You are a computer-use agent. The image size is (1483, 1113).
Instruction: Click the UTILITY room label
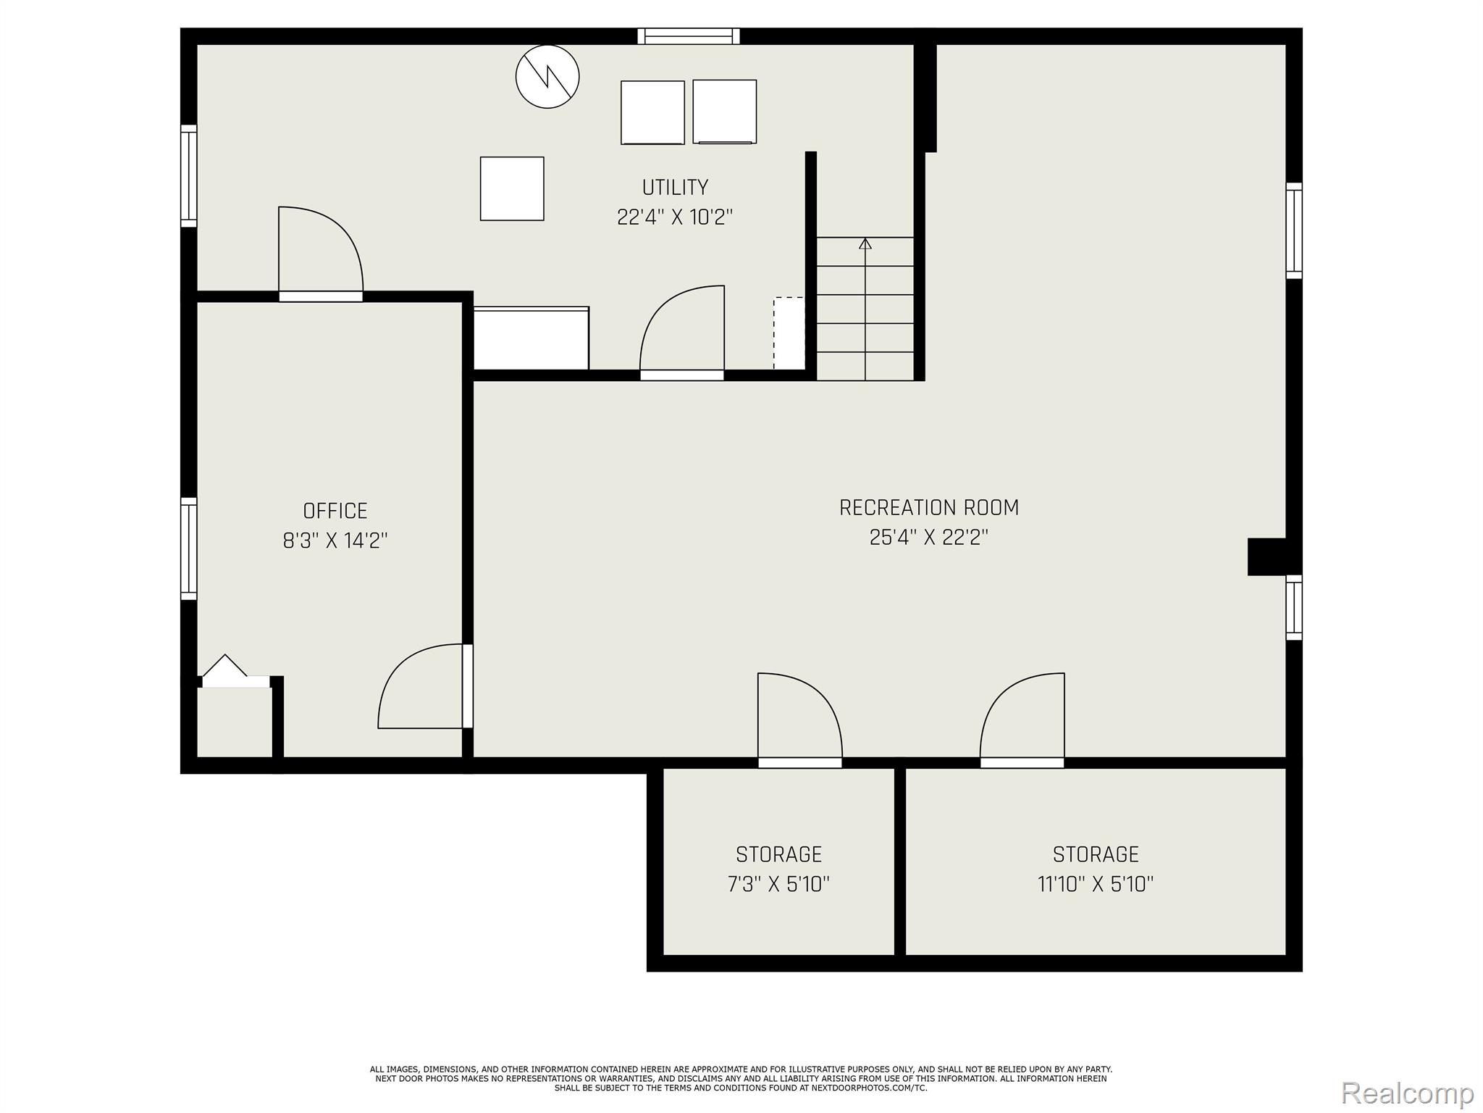pyautogui.click(x=675, y=188)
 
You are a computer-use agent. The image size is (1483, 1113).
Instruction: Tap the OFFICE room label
pyautogui.click(x=335, y=511)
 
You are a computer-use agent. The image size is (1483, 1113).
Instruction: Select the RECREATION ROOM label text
pyautogui.click(x=929, y=507)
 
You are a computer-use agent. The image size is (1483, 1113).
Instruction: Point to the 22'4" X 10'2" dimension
pyautogui.click(x=675, y=217)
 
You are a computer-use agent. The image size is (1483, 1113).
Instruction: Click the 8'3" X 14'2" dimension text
pyautogui.click(x=335, y=541)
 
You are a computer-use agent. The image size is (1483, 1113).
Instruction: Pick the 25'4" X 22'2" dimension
pyautogui.click(x=929, y=537)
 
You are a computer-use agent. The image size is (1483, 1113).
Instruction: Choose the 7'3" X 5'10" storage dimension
pyautogui.click(x=778, y=884)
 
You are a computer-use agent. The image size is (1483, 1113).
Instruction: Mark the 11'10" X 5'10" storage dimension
pyautogui.click(x=1096, y=884)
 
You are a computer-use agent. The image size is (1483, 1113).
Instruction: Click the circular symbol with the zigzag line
pyautogui.click(x=547, y=76)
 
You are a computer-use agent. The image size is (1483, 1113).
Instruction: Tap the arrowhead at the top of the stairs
pyautogui.click(x=865, y=243)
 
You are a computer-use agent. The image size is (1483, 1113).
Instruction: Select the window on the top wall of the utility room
pyautogui.click(x=689, y=36)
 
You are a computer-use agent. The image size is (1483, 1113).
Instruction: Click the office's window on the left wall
pyautogui.click(x=188, y=549)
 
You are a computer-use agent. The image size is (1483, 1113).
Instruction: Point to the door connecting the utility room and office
pyautogui.click(x=321, y=254)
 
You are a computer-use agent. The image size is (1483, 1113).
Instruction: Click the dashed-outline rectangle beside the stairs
pyautogui.click(x=789, y=333)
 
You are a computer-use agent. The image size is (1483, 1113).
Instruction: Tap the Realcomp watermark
pyautogui.click(x=1407, y=1093)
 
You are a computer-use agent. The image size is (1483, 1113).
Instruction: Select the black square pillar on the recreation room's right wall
pyautogui.click(x=1266, y=556)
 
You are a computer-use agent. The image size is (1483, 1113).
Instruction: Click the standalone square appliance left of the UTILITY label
pyautogui.click(x=512, y=188)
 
